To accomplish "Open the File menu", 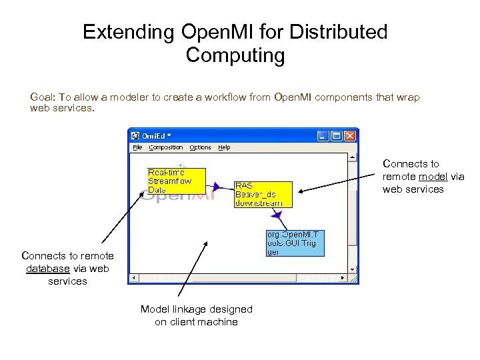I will point(137,147).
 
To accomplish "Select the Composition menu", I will point(166,147).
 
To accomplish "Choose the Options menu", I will point(200,147).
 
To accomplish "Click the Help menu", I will point(225,147).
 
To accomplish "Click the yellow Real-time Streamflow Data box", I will point(176,181).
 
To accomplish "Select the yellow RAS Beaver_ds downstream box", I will point(258,194).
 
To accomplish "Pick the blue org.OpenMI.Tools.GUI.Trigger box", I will point(293,243).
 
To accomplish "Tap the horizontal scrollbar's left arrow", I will point(133,277).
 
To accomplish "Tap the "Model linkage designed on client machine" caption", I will point(196,315).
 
